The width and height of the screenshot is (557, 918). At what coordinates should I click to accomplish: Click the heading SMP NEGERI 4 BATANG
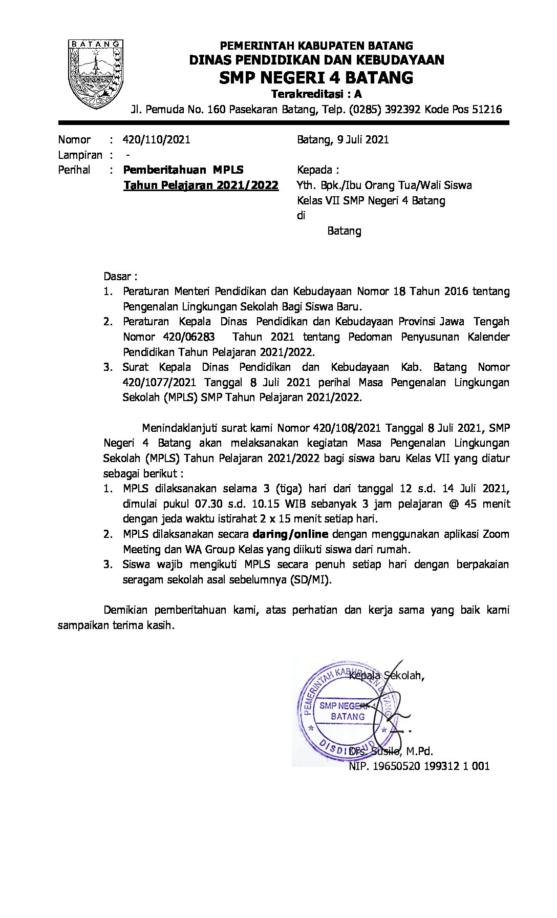click(x=316, y=78)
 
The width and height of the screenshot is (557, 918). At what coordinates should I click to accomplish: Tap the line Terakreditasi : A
click(x=316, y=94)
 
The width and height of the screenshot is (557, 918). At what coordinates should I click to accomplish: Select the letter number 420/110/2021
click(x=156, y=140)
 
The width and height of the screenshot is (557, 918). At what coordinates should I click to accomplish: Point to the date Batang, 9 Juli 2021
click(x=342, y=140)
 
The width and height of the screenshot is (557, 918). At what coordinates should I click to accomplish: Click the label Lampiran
click(x=80, y=155)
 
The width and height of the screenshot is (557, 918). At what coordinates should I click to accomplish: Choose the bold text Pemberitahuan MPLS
click(x=183, y=170)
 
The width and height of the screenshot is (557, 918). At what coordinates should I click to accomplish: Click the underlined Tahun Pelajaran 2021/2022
click(x=201, y=185)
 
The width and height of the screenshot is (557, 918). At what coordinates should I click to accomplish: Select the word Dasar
click(x=117, y=277)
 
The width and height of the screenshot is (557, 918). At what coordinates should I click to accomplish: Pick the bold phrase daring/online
click(x=290, y=534)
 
